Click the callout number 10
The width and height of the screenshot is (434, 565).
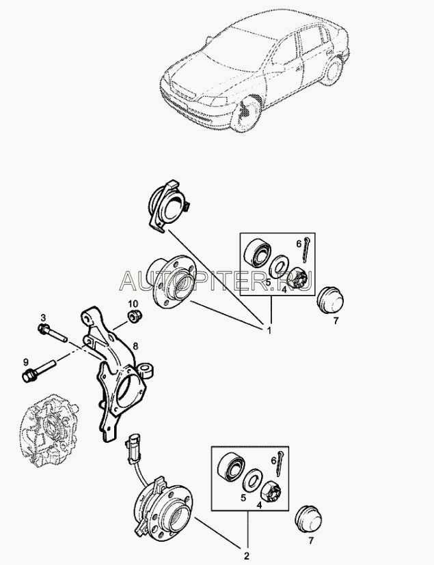133,302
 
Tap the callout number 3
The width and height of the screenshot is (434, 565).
43,317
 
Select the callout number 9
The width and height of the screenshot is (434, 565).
25,362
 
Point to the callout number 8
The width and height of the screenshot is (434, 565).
135,346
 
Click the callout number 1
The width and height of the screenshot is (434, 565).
269,330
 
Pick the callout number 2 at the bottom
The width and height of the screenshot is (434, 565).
247,555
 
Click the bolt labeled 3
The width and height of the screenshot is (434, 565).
53,333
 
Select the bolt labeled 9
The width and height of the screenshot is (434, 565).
38,371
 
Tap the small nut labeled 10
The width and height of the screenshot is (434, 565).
135,316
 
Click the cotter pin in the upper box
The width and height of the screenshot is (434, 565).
306,249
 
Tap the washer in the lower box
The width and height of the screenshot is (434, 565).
251,480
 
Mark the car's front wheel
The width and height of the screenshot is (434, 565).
247,113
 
